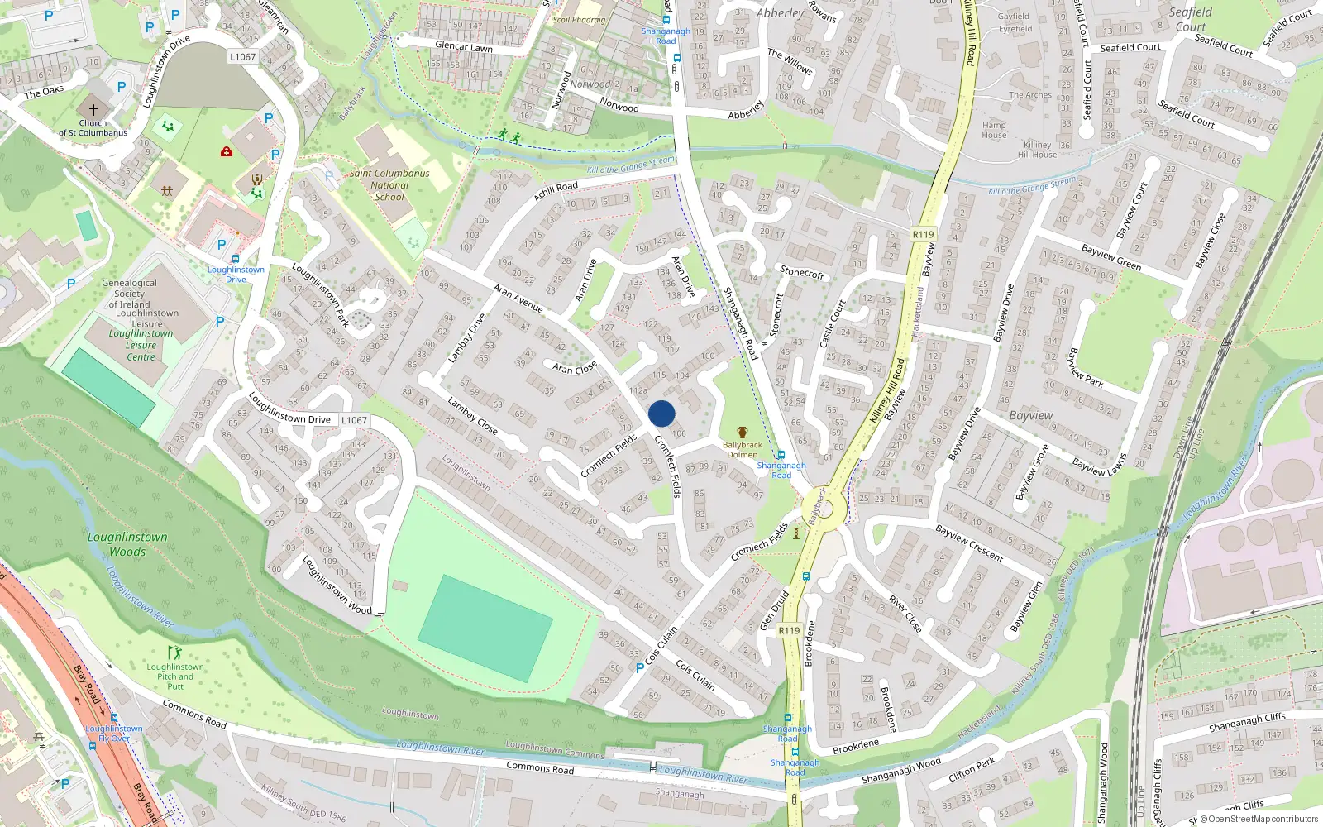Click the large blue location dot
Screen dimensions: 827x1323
click(x=661, y=413)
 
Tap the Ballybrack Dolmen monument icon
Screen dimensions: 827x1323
click(x=743, y=433)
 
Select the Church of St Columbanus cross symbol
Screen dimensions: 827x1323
click(x=93, y=109)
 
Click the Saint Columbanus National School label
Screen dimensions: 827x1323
click(x=389, y=185)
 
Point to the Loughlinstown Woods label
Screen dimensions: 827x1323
click(x=127, y=544)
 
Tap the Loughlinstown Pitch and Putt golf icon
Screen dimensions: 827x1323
click(x=174, y=653)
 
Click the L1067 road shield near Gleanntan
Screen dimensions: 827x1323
click(x=243, y=57)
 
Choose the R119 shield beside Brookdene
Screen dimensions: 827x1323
click(x=789, y=630)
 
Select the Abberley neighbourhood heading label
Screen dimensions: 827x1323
click(x=780, y=13)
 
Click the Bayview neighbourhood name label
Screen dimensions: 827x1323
click(x=1031, y=415)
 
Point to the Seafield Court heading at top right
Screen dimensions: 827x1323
click(x=1191, y=19)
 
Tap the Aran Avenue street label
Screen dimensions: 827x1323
click(x=518, y=299)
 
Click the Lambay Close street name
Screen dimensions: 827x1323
click(x=472, y=416)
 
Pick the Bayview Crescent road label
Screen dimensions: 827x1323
click(x=969, y=543)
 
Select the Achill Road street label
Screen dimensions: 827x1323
click(x=556, y=191)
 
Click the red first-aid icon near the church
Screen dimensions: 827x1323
click(x=227, y=151)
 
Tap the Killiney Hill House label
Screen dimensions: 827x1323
click(x=1037, y=150)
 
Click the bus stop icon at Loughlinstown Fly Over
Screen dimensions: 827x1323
click(x=114, y=718)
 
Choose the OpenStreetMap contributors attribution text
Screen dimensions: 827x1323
click(x=1258, y=820)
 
